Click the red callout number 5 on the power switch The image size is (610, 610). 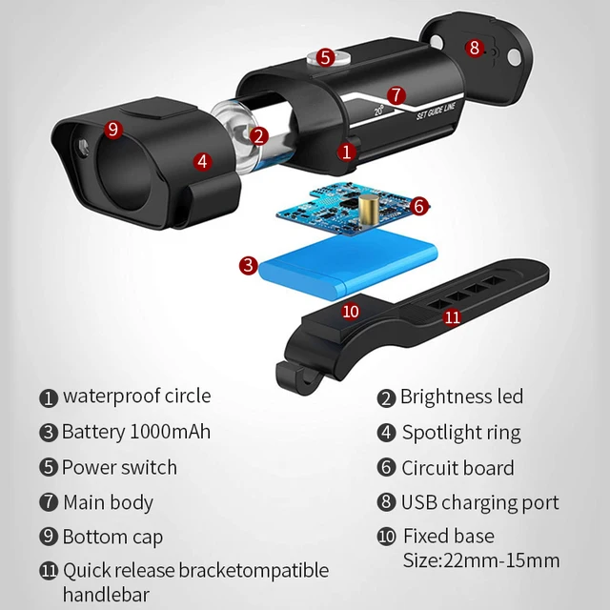325,57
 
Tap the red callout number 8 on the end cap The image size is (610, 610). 475,48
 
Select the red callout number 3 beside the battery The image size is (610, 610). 249,265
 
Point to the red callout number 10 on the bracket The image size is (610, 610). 351,312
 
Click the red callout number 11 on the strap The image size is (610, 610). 452,317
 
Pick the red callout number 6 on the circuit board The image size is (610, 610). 419,206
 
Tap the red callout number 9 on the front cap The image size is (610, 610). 113,130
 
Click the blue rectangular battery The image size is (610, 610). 347,265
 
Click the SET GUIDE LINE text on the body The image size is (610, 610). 436,111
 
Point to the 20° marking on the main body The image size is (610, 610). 379,111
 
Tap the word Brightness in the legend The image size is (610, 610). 447,397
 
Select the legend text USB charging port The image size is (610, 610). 480,502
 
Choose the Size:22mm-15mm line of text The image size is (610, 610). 481,560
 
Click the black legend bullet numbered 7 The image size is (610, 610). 49,502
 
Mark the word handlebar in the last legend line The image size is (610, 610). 106,595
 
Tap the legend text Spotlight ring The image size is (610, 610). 461,433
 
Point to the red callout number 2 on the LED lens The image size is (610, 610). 258,136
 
